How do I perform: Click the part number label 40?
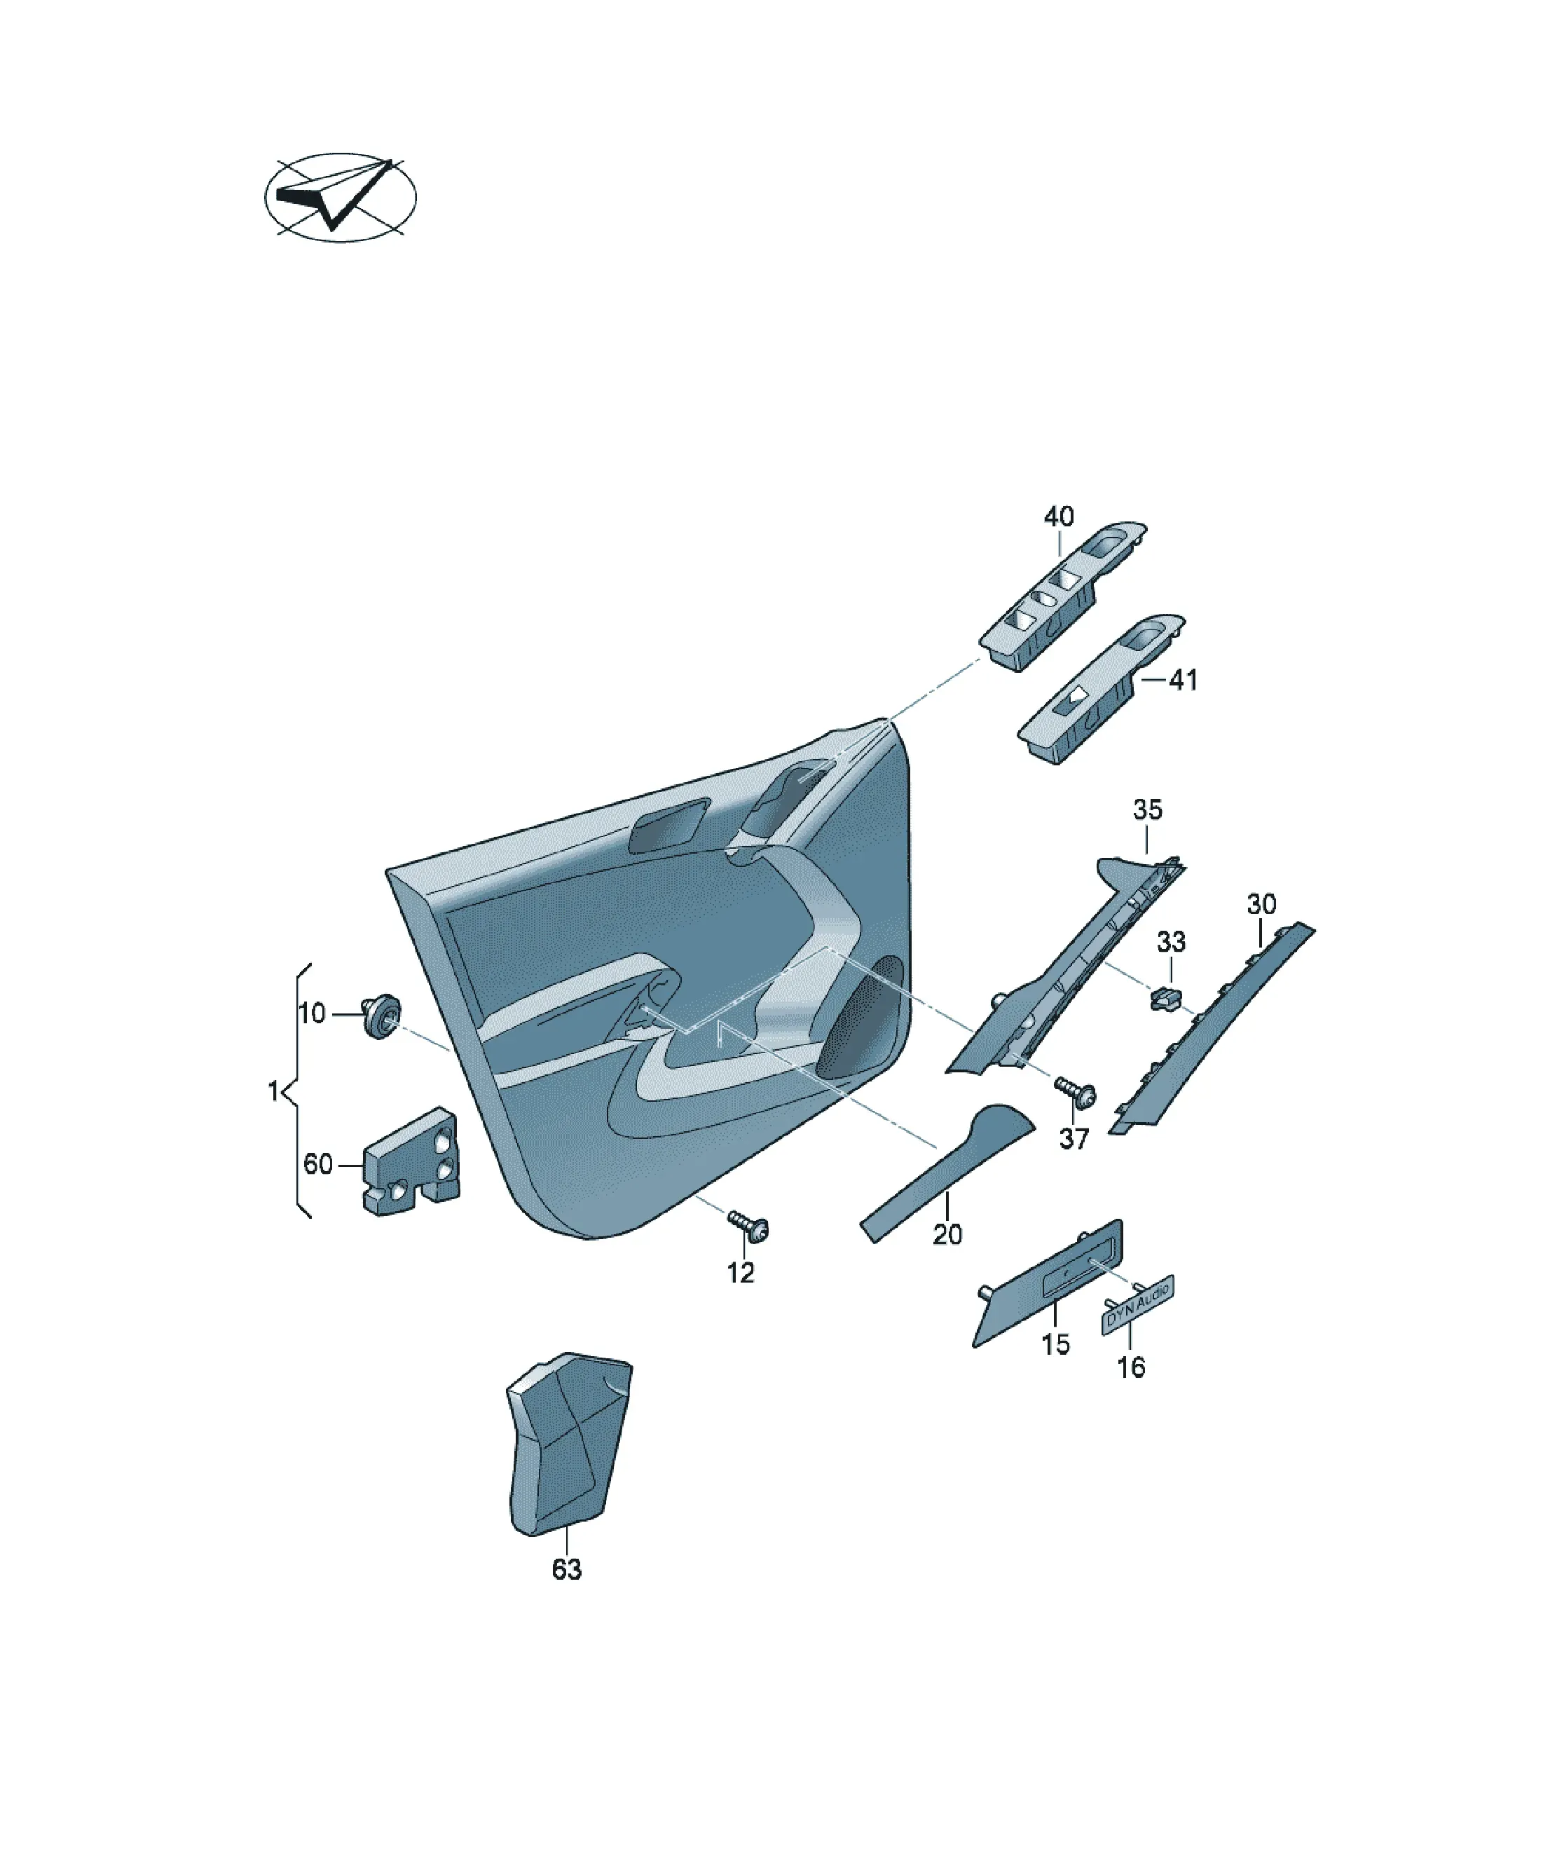pos(1058,517)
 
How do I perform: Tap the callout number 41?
pos(1183,680)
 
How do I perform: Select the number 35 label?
pos(1148,809)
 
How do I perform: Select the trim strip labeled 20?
pos(947,1173)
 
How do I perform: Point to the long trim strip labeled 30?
pos(1212,1028)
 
